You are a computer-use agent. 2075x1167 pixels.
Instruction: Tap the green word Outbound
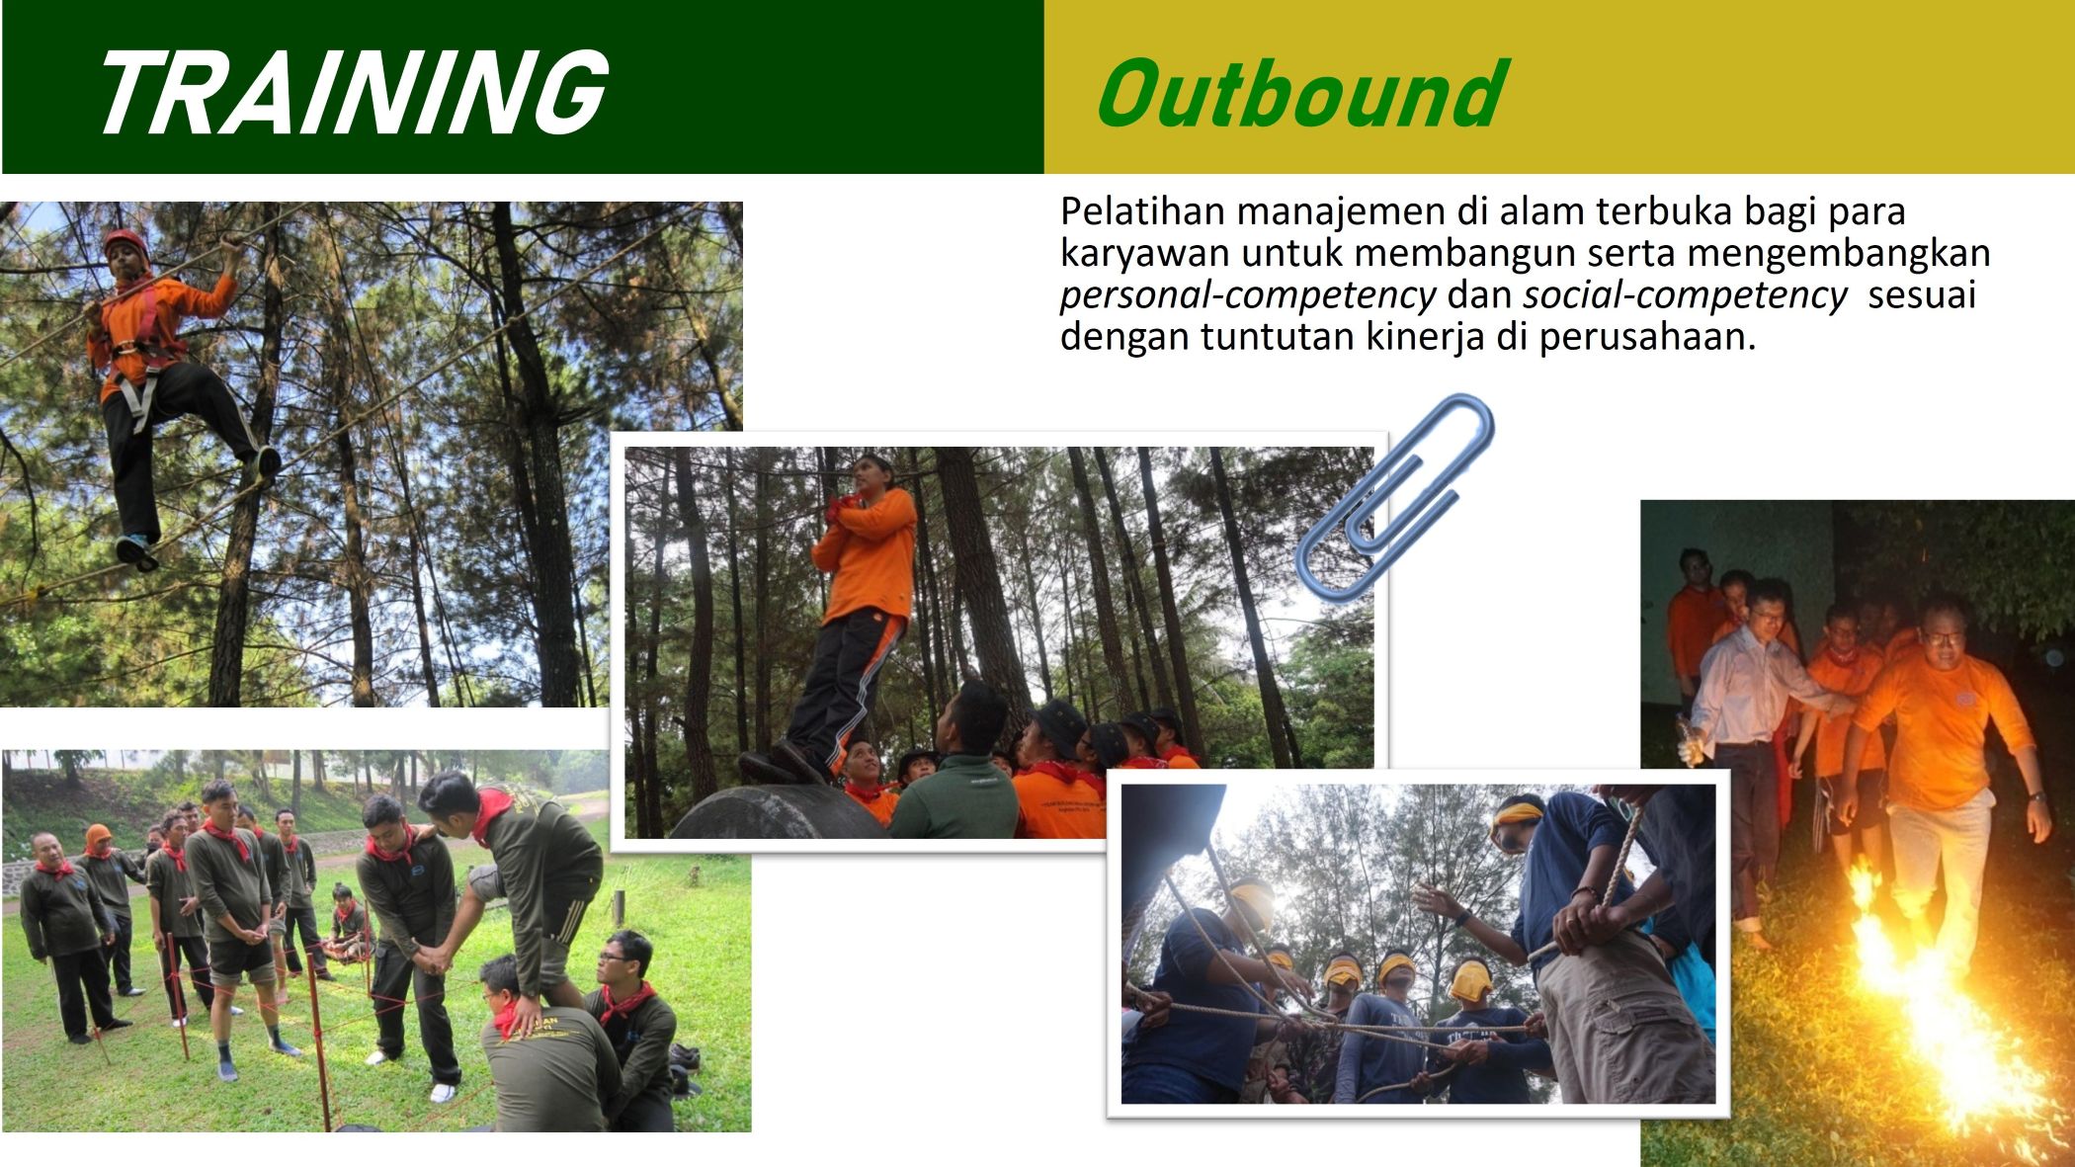tap(1302, 94)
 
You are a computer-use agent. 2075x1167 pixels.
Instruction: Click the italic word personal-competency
tap(1247, 295)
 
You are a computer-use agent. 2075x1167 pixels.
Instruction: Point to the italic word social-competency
tap(1685, 294)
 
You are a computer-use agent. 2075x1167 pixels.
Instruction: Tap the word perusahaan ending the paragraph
tap(1647, 338)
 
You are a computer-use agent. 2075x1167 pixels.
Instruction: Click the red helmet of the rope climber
tap(124, 242)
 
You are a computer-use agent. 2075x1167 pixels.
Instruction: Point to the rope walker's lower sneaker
tap(135, 551)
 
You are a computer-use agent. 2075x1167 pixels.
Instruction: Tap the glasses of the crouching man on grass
tap(613, 956)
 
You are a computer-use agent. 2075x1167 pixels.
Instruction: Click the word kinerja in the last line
tap(1425, 338)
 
